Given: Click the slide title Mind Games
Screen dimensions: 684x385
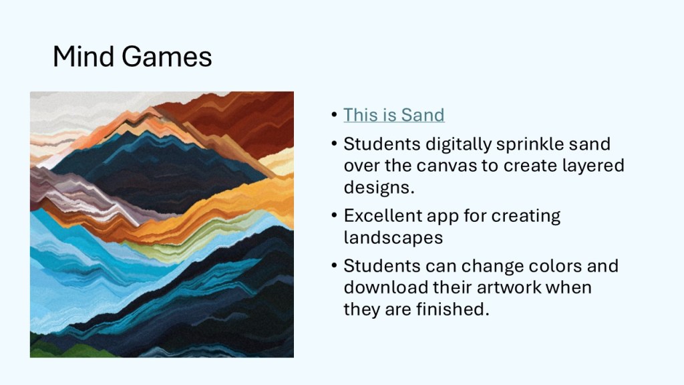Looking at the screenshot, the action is (x=132, y=57).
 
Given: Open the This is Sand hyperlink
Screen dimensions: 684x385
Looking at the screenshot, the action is (x=394, y=115).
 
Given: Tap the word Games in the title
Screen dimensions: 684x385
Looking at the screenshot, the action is (x=166, y=57).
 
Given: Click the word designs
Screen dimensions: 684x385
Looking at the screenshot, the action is (x=379, y=187).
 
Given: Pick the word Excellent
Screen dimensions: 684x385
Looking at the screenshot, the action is (x=382, y=216).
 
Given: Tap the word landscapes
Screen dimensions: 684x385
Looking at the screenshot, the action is (x=393, y=237).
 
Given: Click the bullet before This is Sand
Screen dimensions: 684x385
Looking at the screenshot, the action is (x=334, y=115).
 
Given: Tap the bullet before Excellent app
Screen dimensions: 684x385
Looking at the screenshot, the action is (x=334, y=215).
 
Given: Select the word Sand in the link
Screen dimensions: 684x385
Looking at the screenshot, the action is (x=423, y=115).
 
